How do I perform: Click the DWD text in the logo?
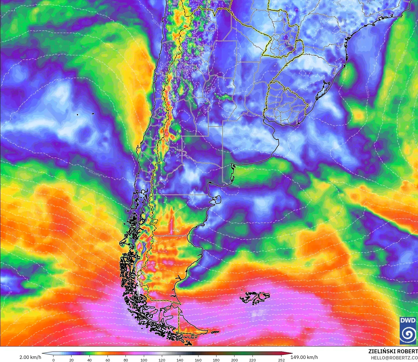(408, 320)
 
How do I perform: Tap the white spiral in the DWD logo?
(408, 334)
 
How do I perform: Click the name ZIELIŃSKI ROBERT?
(393, 351)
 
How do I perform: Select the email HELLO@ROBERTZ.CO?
(394, 358)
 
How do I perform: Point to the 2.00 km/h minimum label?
(30, 357)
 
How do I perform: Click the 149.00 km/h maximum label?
(304, 357)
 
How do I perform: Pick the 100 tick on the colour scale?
(144, 360)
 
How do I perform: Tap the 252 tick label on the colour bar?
(281, 360)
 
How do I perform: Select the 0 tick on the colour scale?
(53, 360)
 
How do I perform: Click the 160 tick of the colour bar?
(198, 360)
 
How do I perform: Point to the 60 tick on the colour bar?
(108, 360)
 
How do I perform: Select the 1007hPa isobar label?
(276, 259)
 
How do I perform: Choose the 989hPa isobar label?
(314, 314)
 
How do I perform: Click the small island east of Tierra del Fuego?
(215, 332)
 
